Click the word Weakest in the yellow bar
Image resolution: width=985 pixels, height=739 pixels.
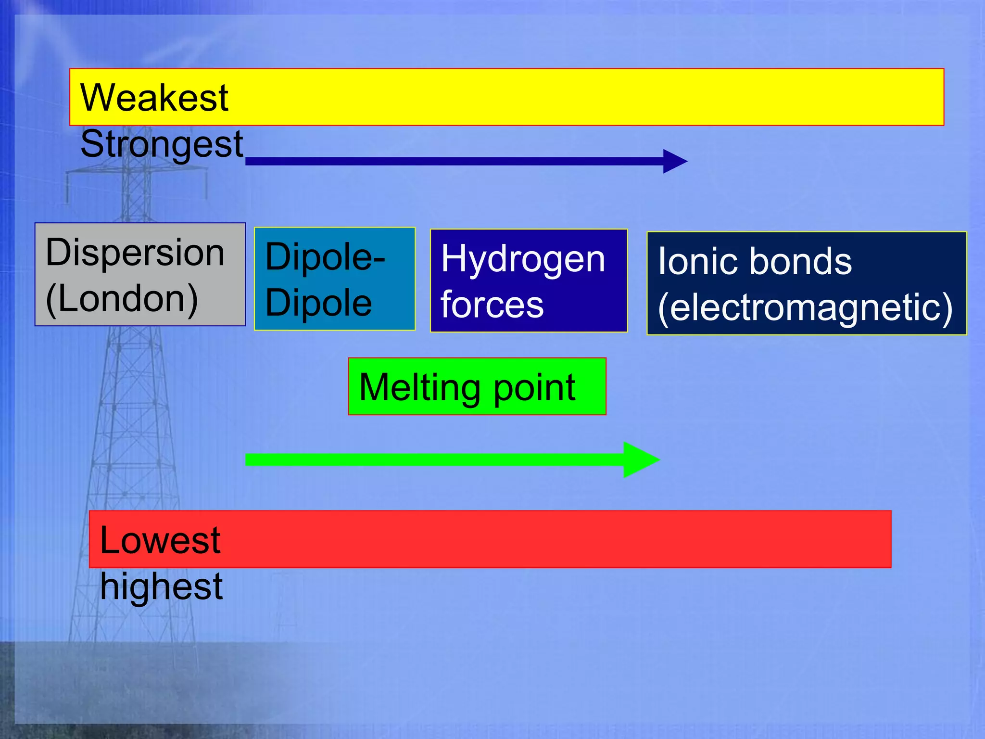click(x=154, y=98)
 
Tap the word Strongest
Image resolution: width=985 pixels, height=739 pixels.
click(x=162, y=144)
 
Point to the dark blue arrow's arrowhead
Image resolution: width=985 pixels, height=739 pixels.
click(x=674, y=161)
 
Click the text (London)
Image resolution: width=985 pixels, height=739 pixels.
click(x=122, y=299)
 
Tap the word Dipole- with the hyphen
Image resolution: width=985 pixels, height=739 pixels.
click(x=325, y=257)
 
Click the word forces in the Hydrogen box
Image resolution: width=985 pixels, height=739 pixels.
click(x=492, y=305)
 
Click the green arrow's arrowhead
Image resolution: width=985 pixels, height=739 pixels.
click(x=640, y=459)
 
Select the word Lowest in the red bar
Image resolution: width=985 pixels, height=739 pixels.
click(x=160, y=540)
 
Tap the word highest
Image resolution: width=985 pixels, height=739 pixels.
click(x=161, y=586)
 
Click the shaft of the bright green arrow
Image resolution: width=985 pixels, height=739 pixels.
click(x=433, y=459)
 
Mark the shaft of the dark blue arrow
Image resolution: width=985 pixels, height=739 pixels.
click(x=452, y=161)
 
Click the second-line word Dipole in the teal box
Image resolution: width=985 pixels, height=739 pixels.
click(x=318, y=303)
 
